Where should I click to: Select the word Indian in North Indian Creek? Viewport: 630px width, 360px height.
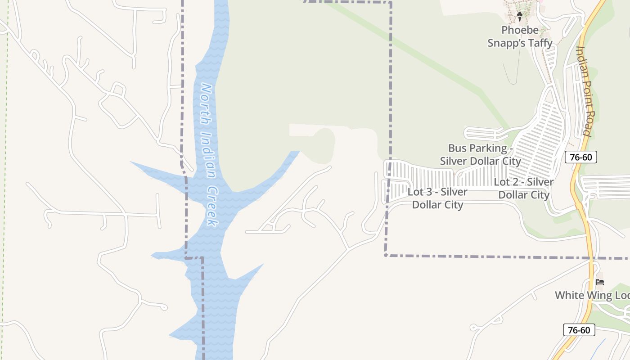pyautogui.click(x=208, y=155)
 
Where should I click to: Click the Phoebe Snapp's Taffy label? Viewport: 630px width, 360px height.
pyautogui.click(x=520, y=36)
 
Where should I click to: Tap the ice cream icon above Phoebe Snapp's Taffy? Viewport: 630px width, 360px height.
pyautogui.click(x=520, y=17)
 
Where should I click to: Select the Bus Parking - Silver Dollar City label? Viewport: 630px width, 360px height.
pyautogui.click(x=480, y=154)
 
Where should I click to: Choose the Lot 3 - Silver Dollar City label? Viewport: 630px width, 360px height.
pyautogui.click(x=437, y=198)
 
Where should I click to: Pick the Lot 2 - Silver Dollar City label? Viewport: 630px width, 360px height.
pyautogui.click(x=524, y=189)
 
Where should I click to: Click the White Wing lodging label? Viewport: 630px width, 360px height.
pyautogui.click(x=592, y=295)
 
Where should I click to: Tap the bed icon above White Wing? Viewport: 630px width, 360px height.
pyautogui.click(x=599, y=282)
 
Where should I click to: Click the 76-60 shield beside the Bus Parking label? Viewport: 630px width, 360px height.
pyautogui.click(x=580, y=157)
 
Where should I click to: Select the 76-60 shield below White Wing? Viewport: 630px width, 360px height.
pyautogui.click(x=579, y=330)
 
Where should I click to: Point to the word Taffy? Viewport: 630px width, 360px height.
pyautogui.click(x=537, y=43)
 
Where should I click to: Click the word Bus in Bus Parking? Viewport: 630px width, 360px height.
pyautogui.click(x=457, y=148)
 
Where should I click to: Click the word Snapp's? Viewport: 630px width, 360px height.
pyautogui.click(x=502, y=43)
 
